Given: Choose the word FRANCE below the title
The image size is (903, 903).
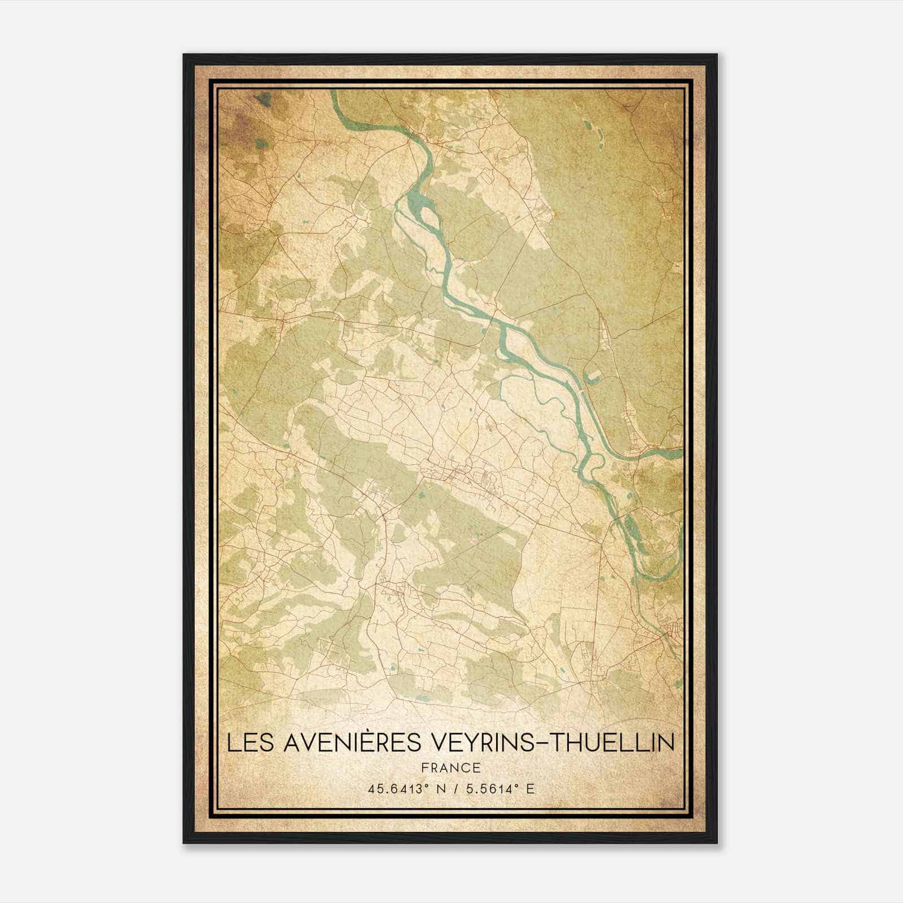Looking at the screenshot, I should click(450, 768).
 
